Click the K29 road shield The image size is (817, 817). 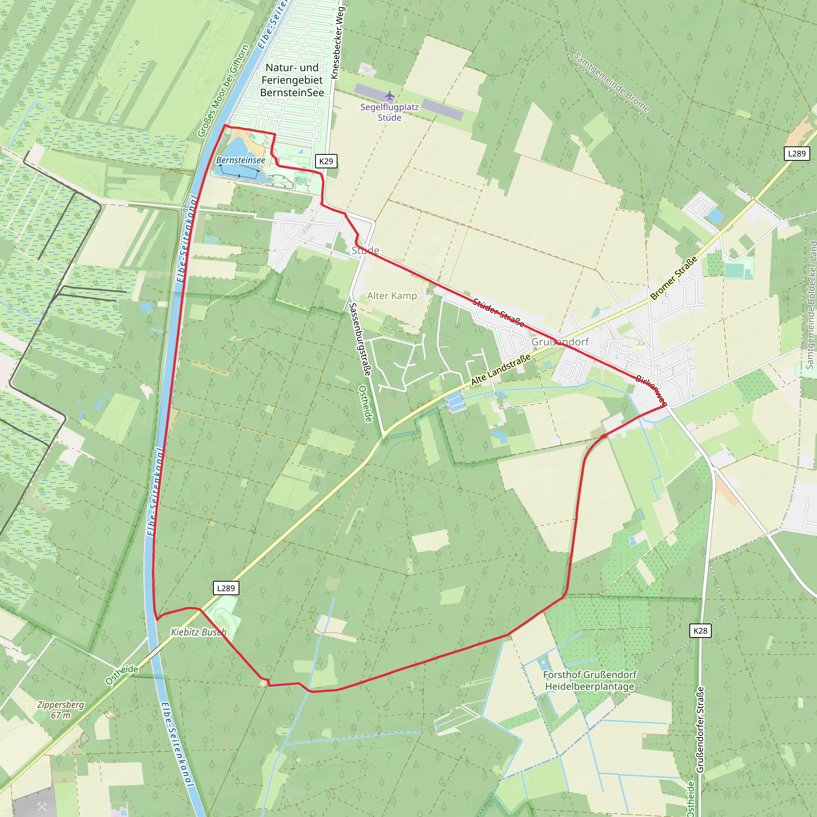pos(326,161)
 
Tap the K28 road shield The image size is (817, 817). pos(700,631)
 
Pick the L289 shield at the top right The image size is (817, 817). pos(797,154)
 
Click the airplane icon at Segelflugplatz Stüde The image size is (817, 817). pos(389,96)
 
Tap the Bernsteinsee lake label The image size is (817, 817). pos(241,160)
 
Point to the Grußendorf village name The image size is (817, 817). pos(560,342)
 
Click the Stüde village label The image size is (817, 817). pos(365,251)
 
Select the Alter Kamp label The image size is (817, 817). pos(392,296)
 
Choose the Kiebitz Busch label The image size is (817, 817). pos(199,632)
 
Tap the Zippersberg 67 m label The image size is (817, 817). pos(61,710)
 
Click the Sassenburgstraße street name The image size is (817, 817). pos(359,339)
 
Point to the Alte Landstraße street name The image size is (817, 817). pos(501,369)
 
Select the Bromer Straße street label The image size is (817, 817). pos(674,278)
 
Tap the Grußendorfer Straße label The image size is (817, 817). pos(700,730)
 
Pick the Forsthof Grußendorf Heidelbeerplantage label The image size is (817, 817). pos(590,681)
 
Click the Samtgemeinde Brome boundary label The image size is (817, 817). pos(611,83)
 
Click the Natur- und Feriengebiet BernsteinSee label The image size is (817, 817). pos(292,80)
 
